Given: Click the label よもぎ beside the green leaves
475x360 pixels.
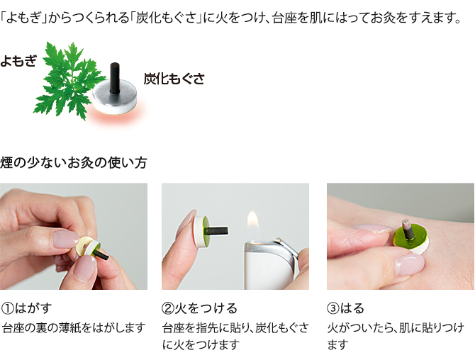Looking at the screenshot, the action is click(18, 60).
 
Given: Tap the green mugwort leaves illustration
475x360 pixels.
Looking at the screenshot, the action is click(69, 80).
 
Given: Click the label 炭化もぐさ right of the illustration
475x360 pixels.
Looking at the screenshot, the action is click(174, 79).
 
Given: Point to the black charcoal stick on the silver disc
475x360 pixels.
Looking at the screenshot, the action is click(114, 77).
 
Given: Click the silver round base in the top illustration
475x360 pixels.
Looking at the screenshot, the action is click(115, 97).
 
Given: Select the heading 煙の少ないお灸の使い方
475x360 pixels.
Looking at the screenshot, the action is click(74, 162).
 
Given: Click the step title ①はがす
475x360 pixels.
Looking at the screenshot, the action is click(27, 308).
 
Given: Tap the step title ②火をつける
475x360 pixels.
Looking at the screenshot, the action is click(199, 308).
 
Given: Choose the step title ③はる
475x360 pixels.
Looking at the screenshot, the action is click(346, 308).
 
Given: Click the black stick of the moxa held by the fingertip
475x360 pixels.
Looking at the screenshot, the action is click(217, 231).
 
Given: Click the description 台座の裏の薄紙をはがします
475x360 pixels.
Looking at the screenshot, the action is click(74, 328).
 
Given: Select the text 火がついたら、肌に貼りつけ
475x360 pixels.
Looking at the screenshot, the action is click(396, 328).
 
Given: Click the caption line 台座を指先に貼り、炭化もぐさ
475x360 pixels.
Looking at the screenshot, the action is click(235, 328).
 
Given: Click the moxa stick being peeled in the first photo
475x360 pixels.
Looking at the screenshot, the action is click(101, 254).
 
